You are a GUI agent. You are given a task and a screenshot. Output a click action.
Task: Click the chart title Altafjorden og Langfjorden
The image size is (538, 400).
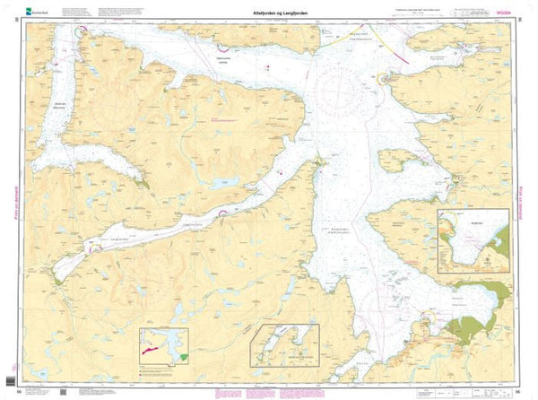pos(269,13)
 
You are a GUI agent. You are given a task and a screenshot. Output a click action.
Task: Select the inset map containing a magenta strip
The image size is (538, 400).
pos(163,348)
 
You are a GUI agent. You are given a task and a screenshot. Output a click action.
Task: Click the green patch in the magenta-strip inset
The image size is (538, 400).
pos(184,356)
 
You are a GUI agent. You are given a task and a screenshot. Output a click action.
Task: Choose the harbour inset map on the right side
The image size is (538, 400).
pos(472,238)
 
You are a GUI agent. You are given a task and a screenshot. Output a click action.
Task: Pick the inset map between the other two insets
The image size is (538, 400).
pos(285,344)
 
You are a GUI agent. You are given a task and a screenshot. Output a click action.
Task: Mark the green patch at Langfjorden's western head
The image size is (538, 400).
pos(59,281)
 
